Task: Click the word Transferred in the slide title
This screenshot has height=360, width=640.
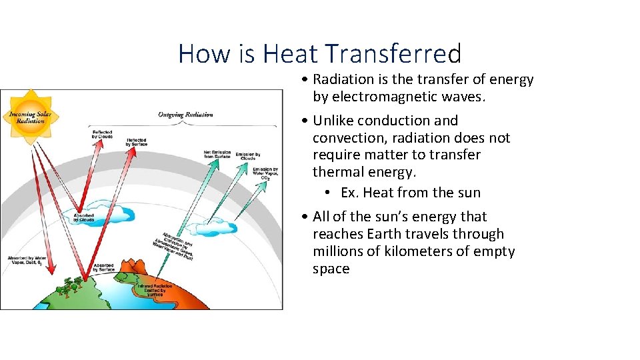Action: click(x=393, y=53)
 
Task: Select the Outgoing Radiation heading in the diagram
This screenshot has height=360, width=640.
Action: click(x=185, y=115)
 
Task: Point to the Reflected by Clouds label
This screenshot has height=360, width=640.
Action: click(x=103, y=135)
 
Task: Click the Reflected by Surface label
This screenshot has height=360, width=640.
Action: click(x=137, y=142)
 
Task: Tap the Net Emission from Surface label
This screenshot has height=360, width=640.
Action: click(x=217, y=155)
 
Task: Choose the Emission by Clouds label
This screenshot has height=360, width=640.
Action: click(x=248, y=156)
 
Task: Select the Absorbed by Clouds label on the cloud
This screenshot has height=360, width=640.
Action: click(x=83, y=217)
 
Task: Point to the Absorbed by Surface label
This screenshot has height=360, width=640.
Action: click(x=103, y=267)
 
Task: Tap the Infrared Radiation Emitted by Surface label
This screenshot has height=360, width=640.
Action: click(x=155, y=289)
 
